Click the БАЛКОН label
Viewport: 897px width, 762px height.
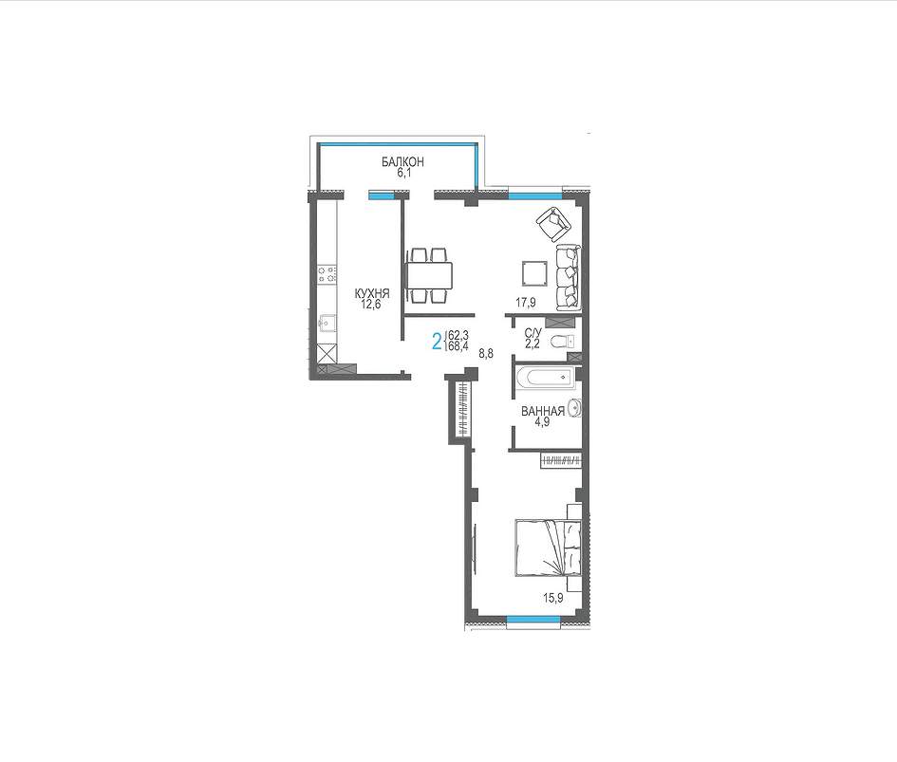point(403,162)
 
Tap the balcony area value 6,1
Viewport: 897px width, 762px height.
point(404,173)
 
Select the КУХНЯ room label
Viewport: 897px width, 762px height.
point(372,293)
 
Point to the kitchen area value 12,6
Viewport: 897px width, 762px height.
point(372,304)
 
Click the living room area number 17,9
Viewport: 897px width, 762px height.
point(526,304)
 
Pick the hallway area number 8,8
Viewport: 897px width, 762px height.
point(486,354)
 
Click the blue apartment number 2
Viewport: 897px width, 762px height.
point(437,342)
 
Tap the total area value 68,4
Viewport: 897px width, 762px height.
point(458,346)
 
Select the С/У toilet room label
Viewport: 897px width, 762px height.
point(533,333)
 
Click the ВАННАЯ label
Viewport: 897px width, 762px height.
point(543,411)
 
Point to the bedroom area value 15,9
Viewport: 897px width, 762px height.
point(553,599)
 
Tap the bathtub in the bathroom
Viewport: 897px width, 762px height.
point(544,377)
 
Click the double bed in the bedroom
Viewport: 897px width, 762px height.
point(549,548)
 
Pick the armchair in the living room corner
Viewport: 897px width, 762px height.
point(553,223)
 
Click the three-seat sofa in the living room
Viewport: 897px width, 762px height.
point(568,277)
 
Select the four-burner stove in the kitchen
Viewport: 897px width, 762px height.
point(327,274)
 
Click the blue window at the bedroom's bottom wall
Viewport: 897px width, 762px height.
point(533,619)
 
